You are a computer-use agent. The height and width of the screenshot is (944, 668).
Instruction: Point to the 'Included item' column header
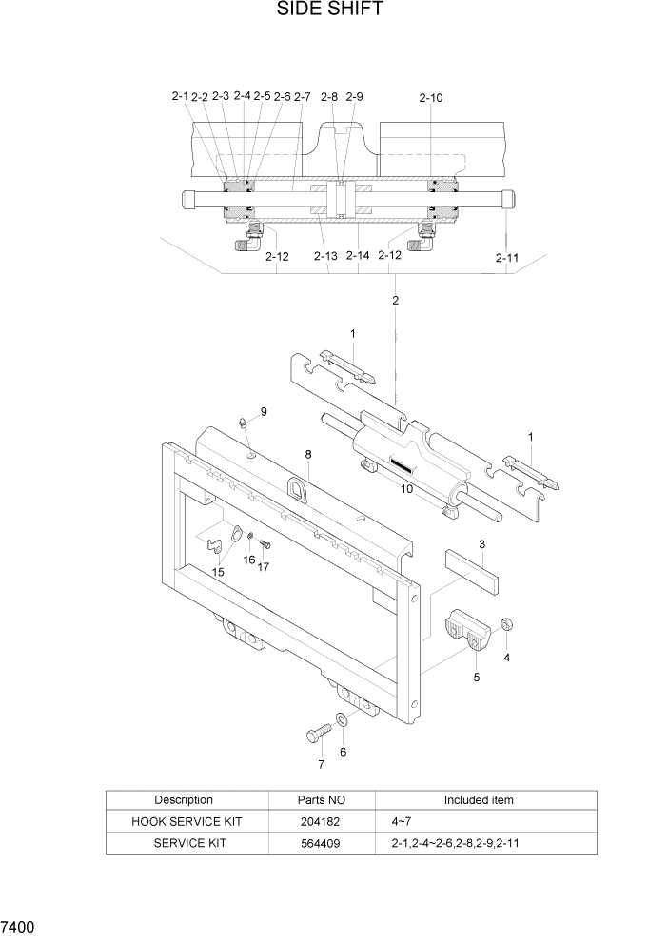[479, 800]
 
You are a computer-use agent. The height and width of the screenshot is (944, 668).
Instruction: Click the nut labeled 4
[507, 624]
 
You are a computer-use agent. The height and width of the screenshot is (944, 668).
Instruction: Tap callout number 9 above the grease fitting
[264, 411]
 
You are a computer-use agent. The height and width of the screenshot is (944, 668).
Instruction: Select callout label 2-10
[430, 97]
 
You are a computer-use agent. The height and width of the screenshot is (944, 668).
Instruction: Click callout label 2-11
[506, 258]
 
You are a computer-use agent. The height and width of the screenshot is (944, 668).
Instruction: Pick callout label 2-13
[324, 256]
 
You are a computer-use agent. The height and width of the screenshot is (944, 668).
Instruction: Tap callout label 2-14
[358, 256]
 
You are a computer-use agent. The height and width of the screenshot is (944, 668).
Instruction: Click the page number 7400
[19, 926]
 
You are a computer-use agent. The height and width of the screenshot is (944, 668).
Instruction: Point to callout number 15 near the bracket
[218, 572]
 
